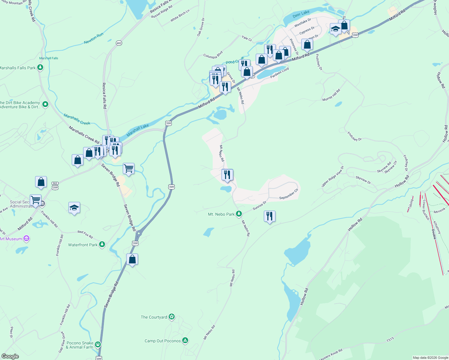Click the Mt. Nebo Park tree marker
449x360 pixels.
239,214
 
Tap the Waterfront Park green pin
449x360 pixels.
102,244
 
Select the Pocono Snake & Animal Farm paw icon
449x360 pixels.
98,344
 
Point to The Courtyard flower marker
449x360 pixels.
172,317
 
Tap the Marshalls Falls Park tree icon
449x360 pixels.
40,67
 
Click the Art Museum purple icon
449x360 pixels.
26,238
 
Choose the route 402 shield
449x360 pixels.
119,43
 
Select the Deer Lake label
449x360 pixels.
301,14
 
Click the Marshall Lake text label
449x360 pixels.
137,130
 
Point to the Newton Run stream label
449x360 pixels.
94,38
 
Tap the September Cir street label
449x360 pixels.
289,194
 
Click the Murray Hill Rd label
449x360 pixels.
331,95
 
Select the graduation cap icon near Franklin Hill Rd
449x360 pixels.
74,208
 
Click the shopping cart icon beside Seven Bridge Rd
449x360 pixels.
128,169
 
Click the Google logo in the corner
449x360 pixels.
10,356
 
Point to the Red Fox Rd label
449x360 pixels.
85,234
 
